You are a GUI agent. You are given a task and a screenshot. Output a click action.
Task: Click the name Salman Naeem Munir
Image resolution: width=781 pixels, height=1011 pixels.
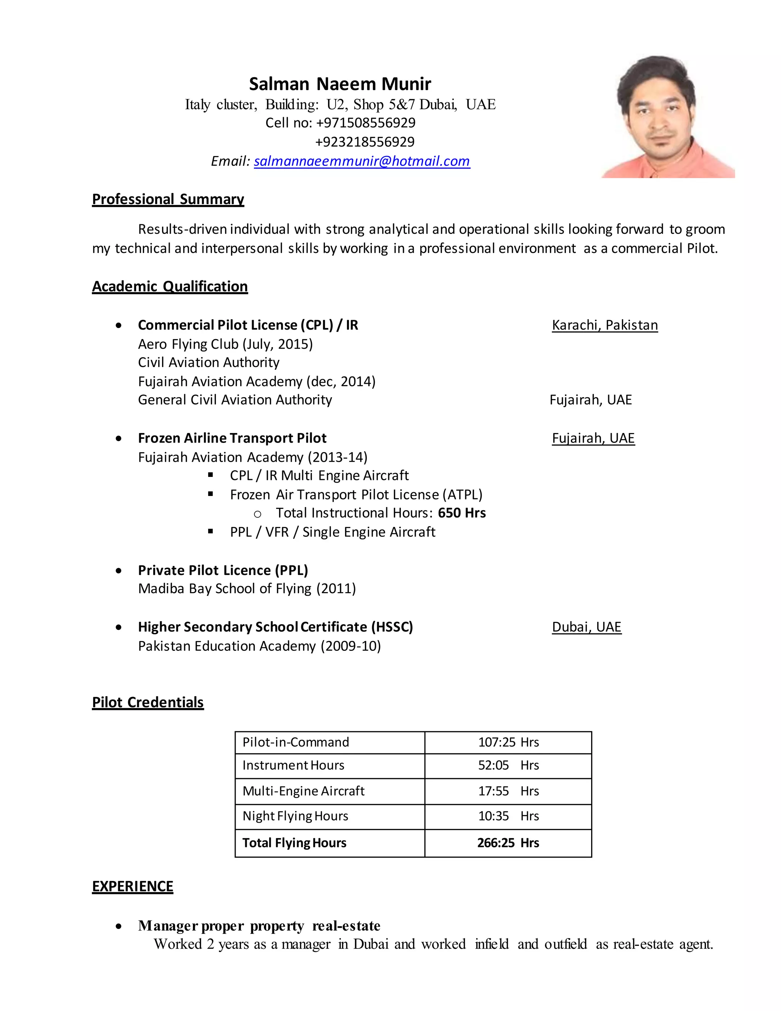[x=340, y=84]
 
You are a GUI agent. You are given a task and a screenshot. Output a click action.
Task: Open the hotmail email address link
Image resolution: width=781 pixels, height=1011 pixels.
[x=362, y=161]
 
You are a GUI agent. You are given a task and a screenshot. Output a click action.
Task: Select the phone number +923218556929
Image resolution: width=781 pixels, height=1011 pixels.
[x=365, y=142]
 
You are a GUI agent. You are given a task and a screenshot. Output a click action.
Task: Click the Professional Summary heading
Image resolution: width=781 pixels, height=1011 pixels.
[x=168, y=199]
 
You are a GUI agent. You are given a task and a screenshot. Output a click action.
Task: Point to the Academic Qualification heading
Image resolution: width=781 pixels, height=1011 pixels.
[x=170, y=287]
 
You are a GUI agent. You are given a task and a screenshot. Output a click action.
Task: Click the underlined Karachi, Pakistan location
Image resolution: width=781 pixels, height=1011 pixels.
[x=604, y=325]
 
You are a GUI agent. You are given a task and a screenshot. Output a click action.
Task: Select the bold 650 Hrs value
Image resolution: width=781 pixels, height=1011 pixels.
[x=462, y=513]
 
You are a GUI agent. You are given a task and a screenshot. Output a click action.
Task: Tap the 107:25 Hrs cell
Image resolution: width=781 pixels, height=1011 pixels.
[x=508, y=742]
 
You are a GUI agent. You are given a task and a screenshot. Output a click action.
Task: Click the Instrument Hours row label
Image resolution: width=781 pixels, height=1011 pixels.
[x=293, y=765]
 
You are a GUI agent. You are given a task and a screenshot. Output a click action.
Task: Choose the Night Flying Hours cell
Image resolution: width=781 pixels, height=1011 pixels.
[x=295, y=816]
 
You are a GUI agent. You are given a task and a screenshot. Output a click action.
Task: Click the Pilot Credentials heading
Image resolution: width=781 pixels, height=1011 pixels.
[x=148, y=702]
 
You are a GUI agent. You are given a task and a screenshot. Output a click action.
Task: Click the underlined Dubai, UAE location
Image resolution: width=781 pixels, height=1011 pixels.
[x=586, y=627]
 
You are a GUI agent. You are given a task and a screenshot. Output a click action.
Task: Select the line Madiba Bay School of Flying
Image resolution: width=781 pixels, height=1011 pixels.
[x=247, y=588]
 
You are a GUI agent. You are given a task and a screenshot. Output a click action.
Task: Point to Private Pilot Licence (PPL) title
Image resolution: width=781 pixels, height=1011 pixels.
[x=223, y=570]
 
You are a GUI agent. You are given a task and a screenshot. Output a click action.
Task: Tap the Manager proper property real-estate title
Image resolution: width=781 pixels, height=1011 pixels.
[x=259, y=926]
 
